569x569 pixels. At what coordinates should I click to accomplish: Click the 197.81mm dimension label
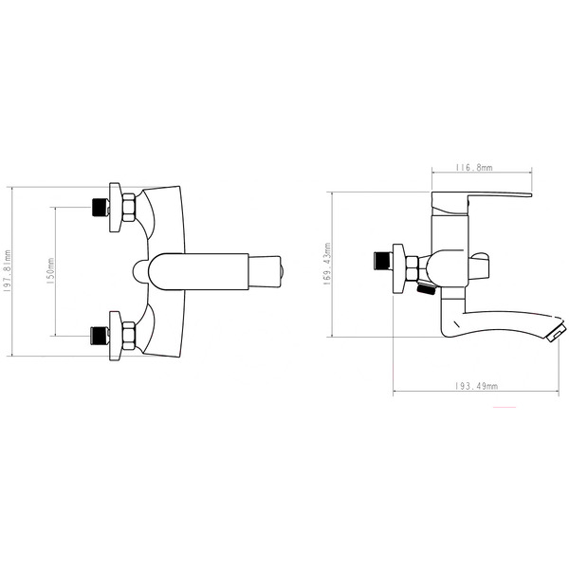pos(7,271)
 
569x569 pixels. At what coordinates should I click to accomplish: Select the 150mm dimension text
pos(50,271)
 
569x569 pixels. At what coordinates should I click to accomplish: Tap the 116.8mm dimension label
pos(474,168)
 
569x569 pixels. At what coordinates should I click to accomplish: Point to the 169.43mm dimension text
pos(327,264)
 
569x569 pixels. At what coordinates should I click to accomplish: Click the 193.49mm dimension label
pos(476,386)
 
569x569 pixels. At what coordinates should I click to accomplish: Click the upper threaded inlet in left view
pos(101,207)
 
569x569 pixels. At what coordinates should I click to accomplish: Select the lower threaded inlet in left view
pos(101,336)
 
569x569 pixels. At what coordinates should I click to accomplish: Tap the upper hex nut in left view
pos(129,208)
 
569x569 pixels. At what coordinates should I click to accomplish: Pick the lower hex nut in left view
pos(129,336)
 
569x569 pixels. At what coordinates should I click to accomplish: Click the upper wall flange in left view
pos(116,207)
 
